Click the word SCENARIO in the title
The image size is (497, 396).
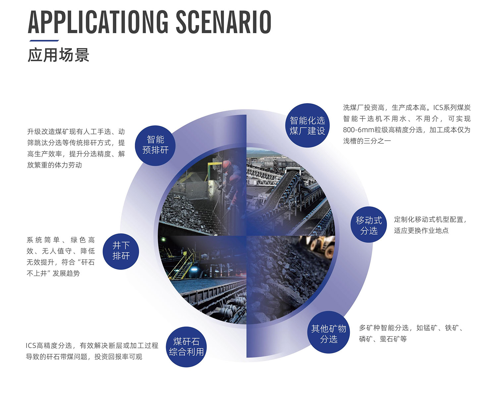click(224, 22)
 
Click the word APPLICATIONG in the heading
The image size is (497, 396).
click(98, 22)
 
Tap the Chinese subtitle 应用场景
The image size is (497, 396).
click(58, 55)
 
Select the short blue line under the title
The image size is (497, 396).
click(44, 41)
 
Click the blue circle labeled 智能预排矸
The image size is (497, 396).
click(155, 145)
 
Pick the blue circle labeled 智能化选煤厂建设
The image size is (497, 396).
click(307, 125)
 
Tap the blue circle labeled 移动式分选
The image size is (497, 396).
click(368, 224)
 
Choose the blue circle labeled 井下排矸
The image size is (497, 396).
click(121, 251)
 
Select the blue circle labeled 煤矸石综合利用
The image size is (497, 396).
click(186, 347)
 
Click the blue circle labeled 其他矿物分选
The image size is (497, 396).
click(328, 332)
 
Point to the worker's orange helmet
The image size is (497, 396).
click(227, 164)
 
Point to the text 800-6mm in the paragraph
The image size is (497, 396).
click(359, 130)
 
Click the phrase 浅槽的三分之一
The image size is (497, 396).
click(367, 141)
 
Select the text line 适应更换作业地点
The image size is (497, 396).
click(421, 230)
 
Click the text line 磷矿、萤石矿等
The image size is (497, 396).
click(383, 339)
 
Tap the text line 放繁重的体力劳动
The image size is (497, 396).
click(54, 165)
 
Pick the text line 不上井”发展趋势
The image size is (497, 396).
click(53, 273)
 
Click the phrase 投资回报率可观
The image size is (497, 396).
click(118, 357)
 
